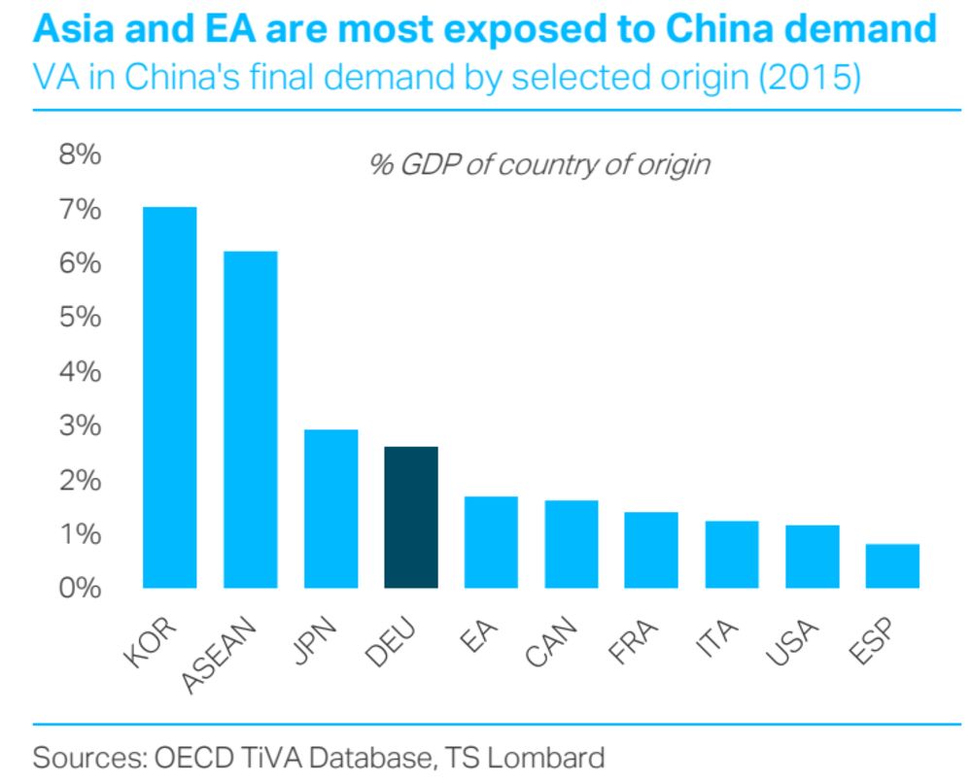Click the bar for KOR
pyautogui.click(x=170, y=397)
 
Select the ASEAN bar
pyautogui.click(x=251, y=420)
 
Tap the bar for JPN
pyautogui.click(x=331, y=508)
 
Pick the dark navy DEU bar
pyautogui.click(x=411, y=517)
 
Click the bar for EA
pyautogui.click(x=491, y=542)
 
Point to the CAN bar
pyautogui.click(x=572, y=544)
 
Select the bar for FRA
pyautogui.click(x=651, y=550)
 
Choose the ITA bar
pyautogui.click(x=732, y=555)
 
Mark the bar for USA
pyautogui.click(x=812, y=557)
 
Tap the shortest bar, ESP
pyautogui.click(x=892, y=566)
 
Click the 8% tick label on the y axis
pyautogui.click(x=81, y=156)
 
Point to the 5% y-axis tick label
pyautogui.click(x=81, y=318)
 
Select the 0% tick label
pyautogui.click(x=81, y=588)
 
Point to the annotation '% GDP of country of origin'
pyautogui.click(x=539, y=164)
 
